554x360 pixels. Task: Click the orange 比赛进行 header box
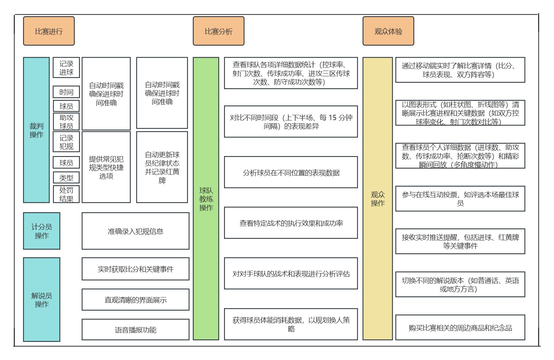(49, 31)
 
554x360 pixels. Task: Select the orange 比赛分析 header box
(218, 31)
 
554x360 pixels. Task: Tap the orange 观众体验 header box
(388, 31)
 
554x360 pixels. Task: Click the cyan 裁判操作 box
(36, 130)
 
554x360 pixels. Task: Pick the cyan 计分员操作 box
(42, 231)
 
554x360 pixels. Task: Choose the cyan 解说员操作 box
(42, 300)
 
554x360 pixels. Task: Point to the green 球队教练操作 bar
(206, 199)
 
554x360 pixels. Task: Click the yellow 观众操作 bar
(377, 199)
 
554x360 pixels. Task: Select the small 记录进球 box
(66, 67)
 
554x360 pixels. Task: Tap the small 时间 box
(66, 92)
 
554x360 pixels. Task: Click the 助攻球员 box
(66, 122)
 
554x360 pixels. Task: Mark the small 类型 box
(66, 178)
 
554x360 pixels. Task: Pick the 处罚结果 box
(66, 194)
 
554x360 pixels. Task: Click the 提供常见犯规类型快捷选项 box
(106, 167)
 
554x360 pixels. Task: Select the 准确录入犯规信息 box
(135, 231)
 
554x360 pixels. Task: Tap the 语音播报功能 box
(135, 330)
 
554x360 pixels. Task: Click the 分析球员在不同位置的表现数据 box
(291, 172)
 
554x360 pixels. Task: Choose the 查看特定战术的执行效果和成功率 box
(291, 223)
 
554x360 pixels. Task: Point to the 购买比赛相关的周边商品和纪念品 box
(460, 327)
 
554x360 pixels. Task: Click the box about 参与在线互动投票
(460, 199)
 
